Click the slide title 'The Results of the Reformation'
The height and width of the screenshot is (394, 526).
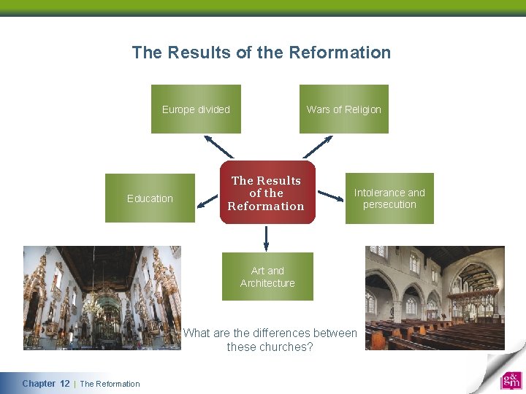click(261, 53)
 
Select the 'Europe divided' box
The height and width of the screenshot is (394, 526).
click(196, 109)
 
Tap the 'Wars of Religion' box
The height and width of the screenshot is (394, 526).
click(343, 109)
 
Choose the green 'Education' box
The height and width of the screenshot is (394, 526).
click(150, 198)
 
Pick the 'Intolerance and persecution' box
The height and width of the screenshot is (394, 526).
click(389, 198)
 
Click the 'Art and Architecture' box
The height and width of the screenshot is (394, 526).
click(267, 277)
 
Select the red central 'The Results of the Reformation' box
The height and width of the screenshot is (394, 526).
click(267, 193)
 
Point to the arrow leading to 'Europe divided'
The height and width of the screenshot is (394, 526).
click(218, 146)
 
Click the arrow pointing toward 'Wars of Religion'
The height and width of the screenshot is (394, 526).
click(317, 146)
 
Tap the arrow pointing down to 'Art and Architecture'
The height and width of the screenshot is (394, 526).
click(267, 237)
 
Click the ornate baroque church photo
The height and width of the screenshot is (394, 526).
click(102, 298)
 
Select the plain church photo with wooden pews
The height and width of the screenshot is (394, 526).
click(435, 298)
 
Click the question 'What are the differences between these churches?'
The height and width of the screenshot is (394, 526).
click(270, 340)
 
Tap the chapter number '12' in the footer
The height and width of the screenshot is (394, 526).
click(65, 384)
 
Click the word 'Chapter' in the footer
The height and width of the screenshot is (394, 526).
click(39, 384)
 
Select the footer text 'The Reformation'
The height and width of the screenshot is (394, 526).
click(110, 384)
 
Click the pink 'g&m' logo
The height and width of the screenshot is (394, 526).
click(511, 381)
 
